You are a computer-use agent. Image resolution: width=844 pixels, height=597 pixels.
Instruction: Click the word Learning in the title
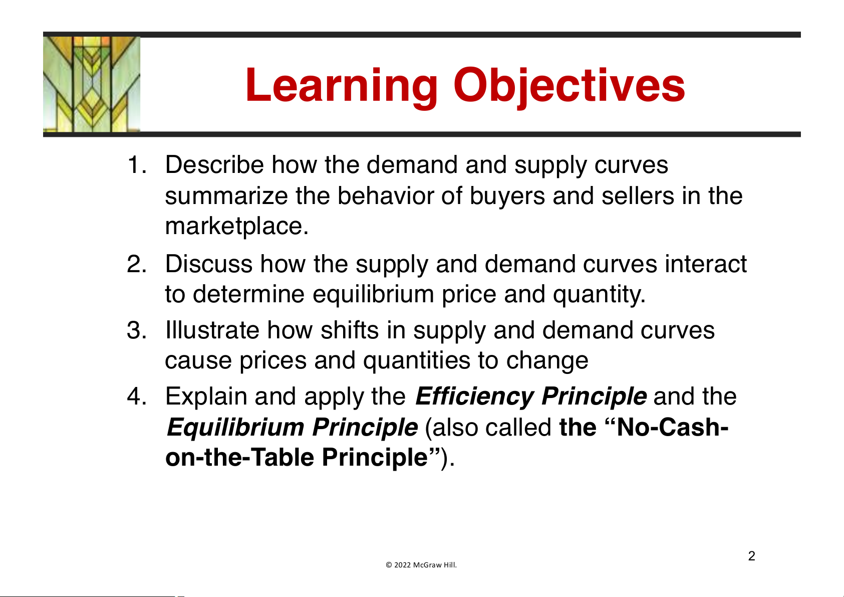point(342,87)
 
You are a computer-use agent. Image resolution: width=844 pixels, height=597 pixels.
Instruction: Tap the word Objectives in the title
point(569,87)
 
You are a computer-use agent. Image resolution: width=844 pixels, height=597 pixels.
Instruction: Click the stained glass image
point(92,84)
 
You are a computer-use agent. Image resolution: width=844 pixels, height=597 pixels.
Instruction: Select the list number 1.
point(137,165)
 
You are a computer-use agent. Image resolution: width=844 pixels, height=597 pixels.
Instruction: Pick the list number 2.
point(137,264)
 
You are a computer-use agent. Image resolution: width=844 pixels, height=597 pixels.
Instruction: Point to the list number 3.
point(137,330)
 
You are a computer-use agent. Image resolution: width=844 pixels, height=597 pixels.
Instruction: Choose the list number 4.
point(137,396)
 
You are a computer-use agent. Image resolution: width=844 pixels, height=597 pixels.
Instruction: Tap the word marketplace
point(236,226)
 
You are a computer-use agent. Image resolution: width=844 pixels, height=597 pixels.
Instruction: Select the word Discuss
point(209,264)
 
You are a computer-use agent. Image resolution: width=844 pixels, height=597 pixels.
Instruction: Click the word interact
point(706,264)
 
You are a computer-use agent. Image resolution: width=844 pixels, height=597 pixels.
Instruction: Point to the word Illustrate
point(212,330)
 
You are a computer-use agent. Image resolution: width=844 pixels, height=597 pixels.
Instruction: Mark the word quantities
point(417,360)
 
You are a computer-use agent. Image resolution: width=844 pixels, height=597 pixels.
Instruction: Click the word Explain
point(206,396)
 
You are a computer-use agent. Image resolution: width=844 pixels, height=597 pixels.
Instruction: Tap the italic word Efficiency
point(475,396)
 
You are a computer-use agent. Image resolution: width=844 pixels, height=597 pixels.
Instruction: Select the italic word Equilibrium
point(236,428)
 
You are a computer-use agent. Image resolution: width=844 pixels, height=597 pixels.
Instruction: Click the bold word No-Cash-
point(672,427)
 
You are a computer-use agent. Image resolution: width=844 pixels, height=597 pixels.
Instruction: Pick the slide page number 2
point(752,556)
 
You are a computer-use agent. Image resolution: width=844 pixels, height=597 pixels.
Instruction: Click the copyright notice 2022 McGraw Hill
point(421,565)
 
